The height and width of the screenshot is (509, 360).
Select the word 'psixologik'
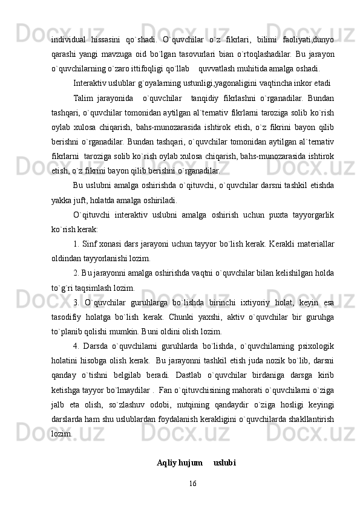[x=315, y=346]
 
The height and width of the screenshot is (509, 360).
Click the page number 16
[x=192, y=484]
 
